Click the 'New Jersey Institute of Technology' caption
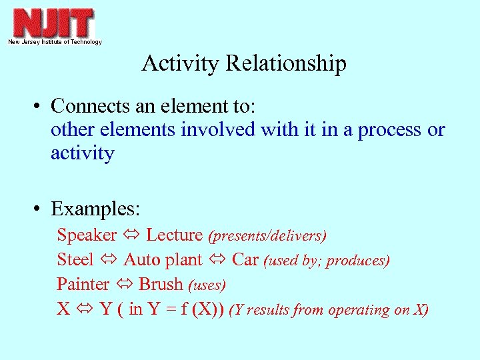pos(55,42)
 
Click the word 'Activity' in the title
pos(181,63)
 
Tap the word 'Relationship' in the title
pos(286,64)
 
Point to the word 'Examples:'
pos(95,209)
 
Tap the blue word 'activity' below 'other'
pos(83,154)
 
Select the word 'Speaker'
pos(87,235)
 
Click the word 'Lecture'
pos(174,235)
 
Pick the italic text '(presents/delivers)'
pos(267,236)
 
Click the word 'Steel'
pos(75,260)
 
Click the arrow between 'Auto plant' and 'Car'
pos(219,260)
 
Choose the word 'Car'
pos(245,260)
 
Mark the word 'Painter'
pos(83,285)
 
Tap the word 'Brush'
pos(161,285)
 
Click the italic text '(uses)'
pos(207,285)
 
